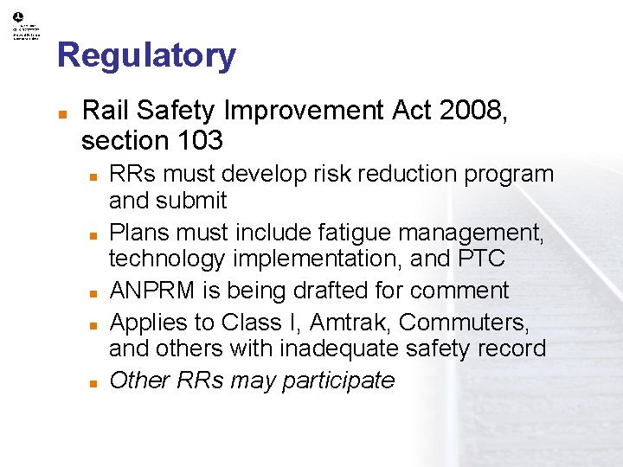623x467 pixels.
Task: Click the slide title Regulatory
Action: [x=146, y=55]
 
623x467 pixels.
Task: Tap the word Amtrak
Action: [x=350, y=323]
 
